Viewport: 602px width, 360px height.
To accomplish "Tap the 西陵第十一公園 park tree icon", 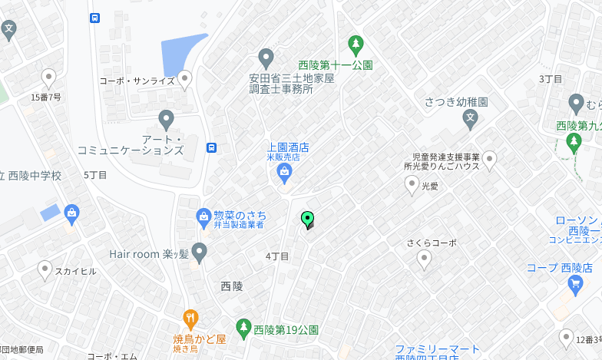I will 355,44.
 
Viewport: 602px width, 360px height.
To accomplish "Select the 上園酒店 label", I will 288,147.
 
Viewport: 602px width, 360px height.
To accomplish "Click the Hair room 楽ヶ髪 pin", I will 200,251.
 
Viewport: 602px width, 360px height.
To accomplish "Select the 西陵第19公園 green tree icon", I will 243,329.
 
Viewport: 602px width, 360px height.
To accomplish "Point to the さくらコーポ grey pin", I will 424,259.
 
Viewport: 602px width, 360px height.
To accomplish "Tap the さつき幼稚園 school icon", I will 471,119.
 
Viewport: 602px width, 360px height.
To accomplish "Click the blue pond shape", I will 181,54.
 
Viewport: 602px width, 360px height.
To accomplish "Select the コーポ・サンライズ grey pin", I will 184,79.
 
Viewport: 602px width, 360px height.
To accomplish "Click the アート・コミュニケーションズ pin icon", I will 166,120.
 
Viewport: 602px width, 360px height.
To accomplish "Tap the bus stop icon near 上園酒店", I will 211,147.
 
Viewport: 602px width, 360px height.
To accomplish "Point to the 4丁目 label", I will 276,256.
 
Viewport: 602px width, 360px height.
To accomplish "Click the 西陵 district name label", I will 232,286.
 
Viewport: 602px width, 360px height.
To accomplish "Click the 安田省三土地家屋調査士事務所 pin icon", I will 266,58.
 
